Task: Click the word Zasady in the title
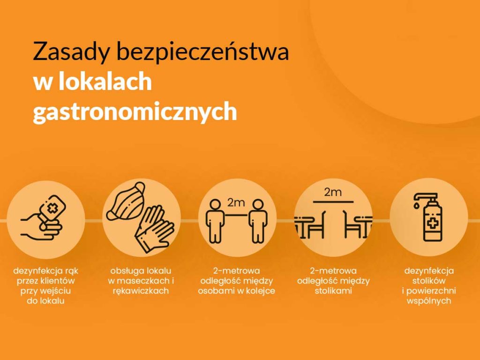(71, 52)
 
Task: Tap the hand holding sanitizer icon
(43, 218)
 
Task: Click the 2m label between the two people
(236, 202)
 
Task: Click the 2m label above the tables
(333, 192)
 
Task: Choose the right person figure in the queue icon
(258, 221)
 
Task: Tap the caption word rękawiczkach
(141, 291)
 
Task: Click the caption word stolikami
(333, 290)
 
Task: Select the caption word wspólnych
(429, 300)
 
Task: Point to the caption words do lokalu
(45, 300)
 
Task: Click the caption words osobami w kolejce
(236, 291)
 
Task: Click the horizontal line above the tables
(333, 202)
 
